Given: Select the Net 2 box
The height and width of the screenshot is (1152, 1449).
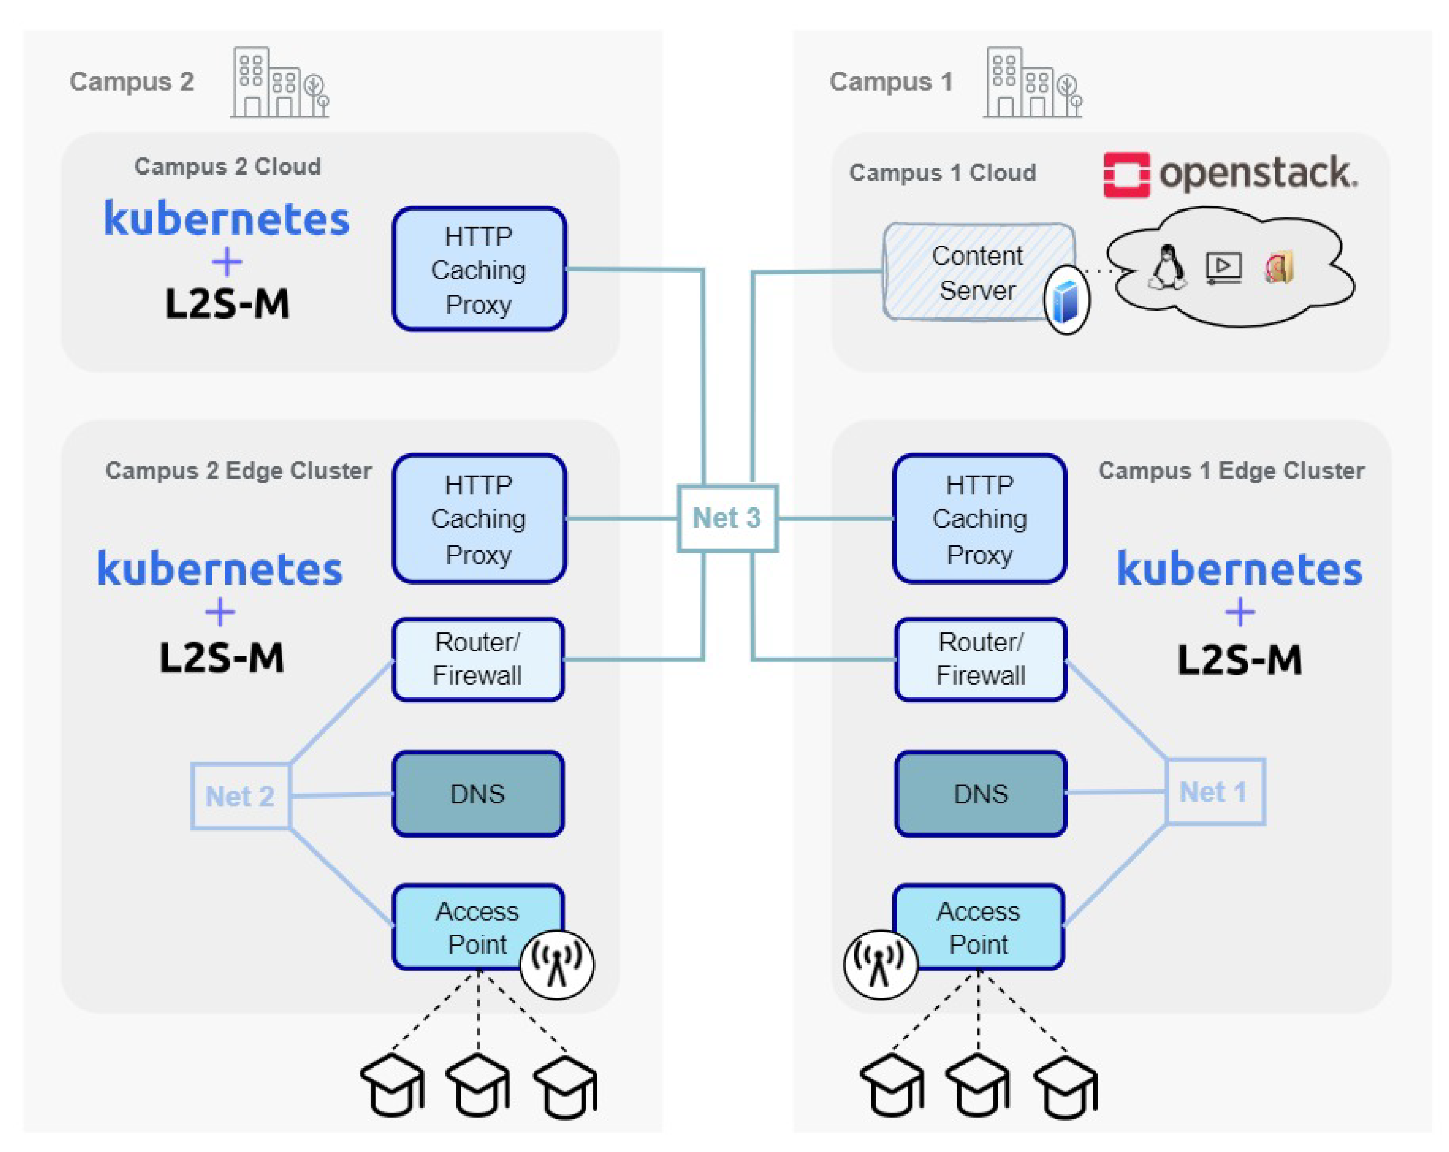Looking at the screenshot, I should pos(240,796).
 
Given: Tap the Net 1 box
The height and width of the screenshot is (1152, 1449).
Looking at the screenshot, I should pos(1214,791).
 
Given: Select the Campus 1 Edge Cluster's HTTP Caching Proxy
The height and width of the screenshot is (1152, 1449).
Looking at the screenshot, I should pos(979,518).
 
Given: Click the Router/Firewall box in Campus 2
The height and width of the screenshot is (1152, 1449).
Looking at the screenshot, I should pos(478,659).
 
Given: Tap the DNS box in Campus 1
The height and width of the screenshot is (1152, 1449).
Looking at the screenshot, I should pos(980,794).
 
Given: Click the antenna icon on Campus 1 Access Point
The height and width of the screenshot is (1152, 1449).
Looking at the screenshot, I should pos(880,964).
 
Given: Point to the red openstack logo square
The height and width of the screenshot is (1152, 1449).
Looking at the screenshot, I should pos(1126,175).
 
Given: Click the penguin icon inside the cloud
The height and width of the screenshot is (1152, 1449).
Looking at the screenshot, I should pos(1168,267).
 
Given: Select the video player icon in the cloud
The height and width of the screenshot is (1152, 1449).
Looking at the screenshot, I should pos(1223,267).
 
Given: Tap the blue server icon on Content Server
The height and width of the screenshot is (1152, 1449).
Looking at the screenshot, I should pos(1066,300).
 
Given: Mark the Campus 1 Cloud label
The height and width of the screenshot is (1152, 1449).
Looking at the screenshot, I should pos(942,173).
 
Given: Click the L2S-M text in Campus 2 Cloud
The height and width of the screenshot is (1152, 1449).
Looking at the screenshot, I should pos(227,304).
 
